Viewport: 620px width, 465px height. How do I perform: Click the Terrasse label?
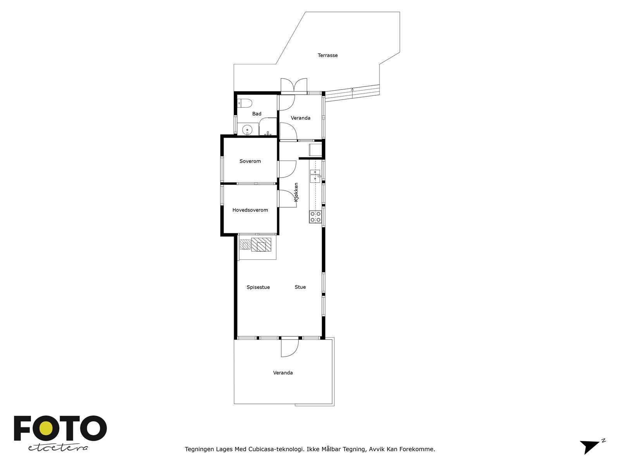(327, 55)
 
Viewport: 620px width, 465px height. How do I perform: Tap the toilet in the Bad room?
(245, 103)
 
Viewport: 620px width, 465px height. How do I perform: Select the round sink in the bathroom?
(247, 130)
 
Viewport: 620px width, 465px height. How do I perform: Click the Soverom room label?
(250, 161)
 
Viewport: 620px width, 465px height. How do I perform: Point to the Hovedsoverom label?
(250, 210)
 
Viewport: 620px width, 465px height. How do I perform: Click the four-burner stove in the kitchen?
(315, 217)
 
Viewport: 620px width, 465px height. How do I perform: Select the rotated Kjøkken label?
(296, 192)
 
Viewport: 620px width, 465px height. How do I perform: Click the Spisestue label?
(258, 287)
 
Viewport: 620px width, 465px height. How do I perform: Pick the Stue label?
(300, 287)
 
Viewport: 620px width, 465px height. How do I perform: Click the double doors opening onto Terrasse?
(294, 86)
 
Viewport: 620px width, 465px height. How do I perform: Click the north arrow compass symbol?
(591, 446)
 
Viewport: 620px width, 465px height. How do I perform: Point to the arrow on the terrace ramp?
(352, 90)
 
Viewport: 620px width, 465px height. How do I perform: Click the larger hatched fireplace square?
(261, 245)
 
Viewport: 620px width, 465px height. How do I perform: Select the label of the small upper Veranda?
(300, 118)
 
